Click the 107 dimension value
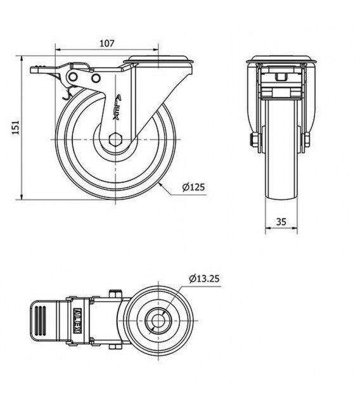[x=107, y=44]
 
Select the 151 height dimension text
[x=16, y=127]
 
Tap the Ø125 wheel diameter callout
[x=194, y=187]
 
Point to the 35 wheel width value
[x=281, y=222]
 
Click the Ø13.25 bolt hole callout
[x=204, y=279]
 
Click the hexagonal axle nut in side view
[x=115, y=139]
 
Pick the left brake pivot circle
[x=72, y=77]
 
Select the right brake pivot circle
[x=96, y=78]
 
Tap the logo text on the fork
[x=117, y=107]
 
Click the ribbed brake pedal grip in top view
[x=40, y=320]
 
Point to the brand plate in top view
[x=78, y=321]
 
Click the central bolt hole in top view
[x=158, y=321]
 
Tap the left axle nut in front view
[x=255, y=139]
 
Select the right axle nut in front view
[x=307, y=139]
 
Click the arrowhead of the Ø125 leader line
[x=161, y=186]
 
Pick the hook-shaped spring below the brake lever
[x=68, y=94]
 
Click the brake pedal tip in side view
[x=33, y=70]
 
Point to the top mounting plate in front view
[x=281, y=60]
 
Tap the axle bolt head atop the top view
[x=115, y=293]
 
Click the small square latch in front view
[x=281, y=77]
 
